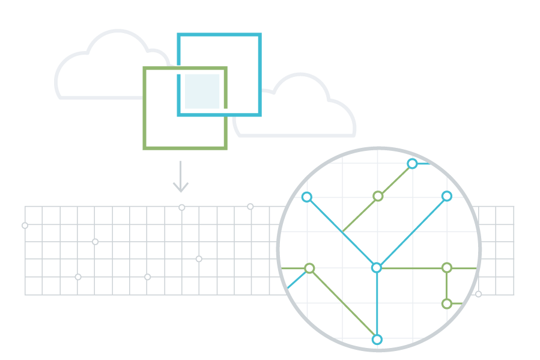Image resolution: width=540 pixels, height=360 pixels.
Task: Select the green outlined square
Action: click(x=162, y=129)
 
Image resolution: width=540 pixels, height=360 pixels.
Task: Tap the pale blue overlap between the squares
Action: click(x=202, y=91)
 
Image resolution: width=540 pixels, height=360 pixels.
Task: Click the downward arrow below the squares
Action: click(x=181, y=177)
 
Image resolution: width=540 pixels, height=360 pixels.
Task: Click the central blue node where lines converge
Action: click(x=377, y=267)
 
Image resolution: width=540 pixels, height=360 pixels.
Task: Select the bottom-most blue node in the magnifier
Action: click(x=377, y=340)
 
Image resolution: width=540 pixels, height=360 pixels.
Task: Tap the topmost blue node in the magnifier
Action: click(x=412, y=163)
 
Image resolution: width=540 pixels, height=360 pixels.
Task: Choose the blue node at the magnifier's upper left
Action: click(x=307, y=197)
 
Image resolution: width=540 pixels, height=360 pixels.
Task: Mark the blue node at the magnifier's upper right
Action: click(x=447, y=196)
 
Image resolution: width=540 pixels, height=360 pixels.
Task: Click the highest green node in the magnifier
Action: click(x=378, y=196)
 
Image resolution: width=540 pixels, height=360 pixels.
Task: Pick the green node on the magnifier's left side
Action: click(x=309, y=268)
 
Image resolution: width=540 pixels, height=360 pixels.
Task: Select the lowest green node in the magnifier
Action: click(x=447, y=304)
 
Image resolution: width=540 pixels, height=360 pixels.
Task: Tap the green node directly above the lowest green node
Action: click(x=447, y=267)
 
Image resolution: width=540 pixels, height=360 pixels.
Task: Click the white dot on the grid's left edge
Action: click(x=25, y=226)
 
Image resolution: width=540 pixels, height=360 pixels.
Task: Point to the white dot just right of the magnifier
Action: click(x=479, y=294)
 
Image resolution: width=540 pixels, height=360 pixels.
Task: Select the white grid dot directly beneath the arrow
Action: click(x=182, y=207)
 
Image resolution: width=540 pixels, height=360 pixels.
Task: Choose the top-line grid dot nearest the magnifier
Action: click(x=250, y=207)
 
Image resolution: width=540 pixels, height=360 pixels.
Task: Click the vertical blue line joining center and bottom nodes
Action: click(x=377, y=304)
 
